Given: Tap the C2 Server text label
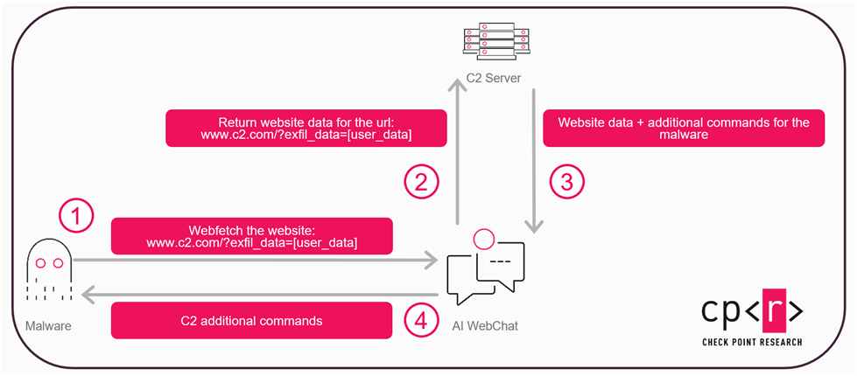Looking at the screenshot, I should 493,79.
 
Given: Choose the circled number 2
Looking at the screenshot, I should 421,182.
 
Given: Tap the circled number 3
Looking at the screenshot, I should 565,182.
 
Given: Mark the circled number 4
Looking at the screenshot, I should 421,320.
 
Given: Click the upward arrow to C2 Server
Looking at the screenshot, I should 457,149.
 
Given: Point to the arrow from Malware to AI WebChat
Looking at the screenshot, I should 254,260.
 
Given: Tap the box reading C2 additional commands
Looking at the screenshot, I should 250,320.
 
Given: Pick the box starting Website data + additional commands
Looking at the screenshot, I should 684,129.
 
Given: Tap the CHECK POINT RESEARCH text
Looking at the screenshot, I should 752,342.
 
